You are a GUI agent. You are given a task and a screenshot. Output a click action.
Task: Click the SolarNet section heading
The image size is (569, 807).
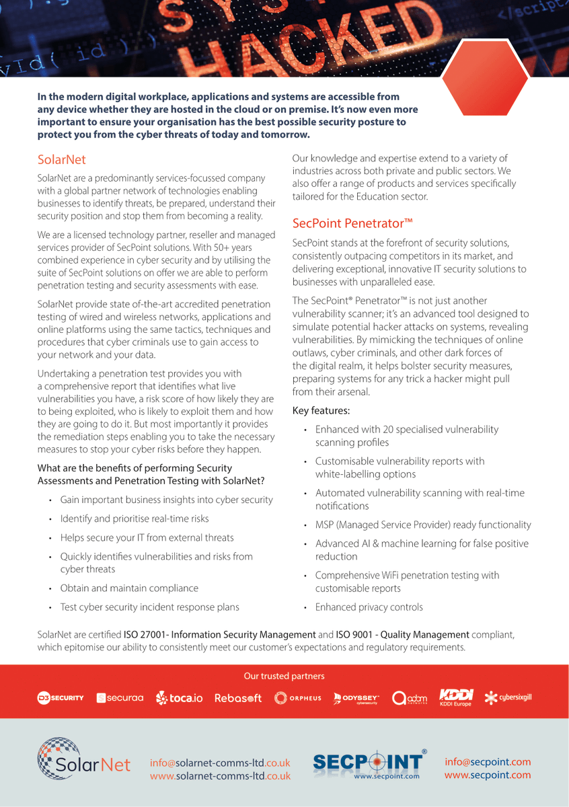[62, 159]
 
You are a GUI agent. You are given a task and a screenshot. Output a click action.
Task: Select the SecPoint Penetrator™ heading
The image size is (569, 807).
[352, 223]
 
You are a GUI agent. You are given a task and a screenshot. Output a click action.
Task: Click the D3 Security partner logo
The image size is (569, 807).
[61, 697]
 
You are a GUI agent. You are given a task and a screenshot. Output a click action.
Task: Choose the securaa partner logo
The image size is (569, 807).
[120, 698]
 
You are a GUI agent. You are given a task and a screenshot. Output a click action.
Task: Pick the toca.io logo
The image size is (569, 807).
[179, 698]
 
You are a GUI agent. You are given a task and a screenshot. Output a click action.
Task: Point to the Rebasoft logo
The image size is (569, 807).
[237, 698]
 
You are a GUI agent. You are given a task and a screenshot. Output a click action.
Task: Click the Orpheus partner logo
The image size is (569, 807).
[298, 698]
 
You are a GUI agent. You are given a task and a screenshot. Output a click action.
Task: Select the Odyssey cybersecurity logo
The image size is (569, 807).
[356, 698]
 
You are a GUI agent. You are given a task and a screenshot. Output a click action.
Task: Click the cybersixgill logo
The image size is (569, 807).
[508, 697]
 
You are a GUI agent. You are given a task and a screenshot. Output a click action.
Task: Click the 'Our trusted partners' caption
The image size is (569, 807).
[284, 676]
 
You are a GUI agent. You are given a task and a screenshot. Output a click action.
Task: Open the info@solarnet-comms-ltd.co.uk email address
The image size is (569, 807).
[220, 763]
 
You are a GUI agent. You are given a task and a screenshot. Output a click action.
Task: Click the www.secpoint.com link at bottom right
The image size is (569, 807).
[487, 775]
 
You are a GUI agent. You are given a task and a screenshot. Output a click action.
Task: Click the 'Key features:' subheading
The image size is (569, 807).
[321, 410]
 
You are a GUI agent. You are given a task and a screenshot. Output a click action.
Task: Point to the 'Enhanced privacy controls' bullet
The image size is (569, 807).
[369, 607]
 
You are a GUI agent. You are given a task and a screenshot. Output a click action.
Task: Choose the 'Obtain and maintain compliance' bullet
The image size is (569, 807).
[129, 588]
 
